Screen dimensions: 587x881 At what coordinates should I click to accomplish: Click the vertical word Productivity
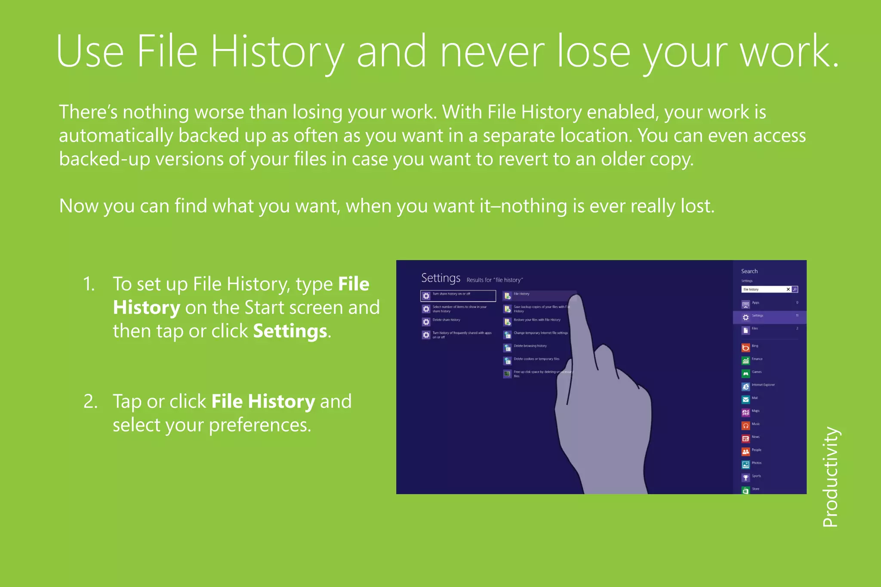831,476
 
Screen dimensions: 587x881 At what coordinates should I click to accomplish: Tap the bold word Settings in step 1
290,331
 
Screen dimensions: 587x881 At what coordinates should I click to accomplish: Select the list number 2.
90,401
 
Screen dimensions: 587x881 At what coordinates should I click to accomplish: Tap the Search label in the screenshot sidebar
749,271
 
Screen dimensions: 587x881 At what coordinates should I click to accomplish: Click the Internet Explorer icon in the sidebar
745,387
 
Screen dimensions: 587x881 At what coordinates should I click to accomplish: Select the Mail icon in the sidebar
745,400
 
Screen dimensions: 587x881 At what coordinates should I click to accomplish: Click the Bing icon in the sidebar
745,347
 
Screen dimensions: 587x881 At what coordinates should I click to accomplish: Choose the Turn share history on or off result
458,295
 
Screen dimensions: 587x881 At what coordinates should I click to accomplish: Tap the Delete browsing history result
530,346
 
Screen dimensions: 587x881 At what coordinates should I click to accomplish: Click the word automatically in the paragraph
115,136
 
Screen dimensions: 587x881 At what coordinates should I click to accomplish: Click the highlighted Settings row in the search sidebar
769,317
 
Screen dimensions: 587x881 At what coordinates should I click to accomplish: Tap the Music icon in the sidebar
745,425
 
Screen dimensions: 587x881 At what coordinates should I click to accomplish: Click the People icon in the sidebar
745,452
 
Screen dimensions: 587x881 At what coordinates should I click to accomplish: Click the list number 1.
89,284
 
